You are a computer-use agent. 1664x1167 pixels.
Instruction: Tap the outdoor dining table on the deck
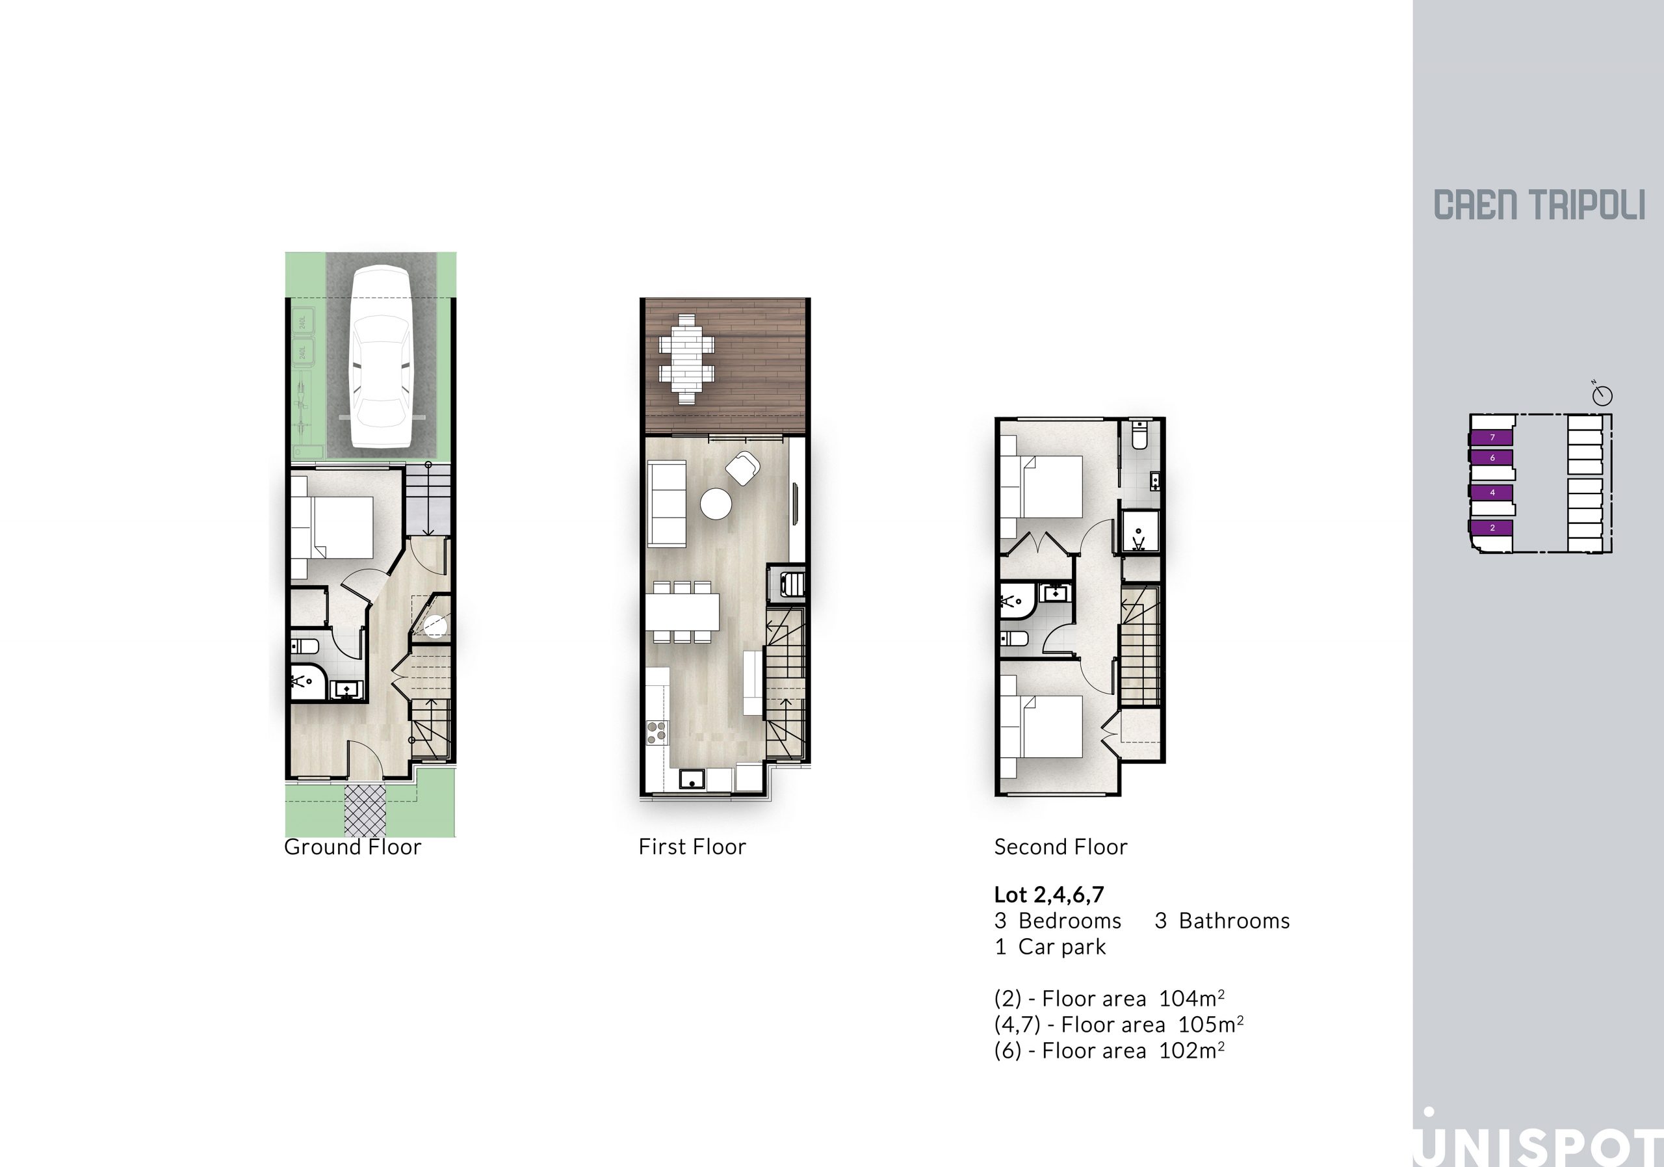pyautogui.click(x=686, y=359)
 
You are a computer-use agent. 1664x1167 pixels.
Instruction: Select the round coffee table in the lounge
pyautogui.click(x=716, y=504)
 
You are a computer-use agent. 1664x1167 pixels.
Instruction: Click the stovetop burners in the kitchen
pyautogui.click(x=656, y=732)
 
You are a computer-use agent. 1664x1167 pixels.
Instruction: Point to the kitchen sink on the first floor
pyautogui.click(x=692, y=780)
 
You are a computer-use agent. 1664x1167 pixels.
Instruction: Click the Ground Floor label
pyautogui.click(x=352, y=846)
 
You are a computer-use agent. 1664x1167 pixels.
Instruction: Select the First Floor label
pyautogui.click(x=692, y=846)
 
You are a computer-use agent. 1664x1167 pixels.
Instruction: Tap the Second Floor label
pyautogui.click(x=1060, y=846)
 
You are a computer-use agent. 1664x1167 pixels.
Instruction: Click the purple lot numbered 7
pyautogui.click(x=1492, y=437)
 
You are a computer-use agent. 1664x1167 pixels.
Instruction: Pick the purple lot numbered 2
pyautogui.click(x=1492, y=528)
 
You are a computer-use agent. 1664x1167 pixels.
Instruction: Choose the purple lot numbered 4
pyautogui.click(x=1492, y=493)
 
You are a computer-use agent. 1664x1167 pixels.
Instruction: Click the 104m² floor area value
pyautogui.click(x=1191, y=998)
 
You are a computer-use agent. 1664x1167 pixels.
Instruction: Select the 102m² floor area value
pyautogui.click(x=1191, y=1051)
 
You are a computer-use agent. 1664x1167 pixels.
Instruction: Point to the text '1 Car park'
pyautogui.click(x=1050, y=947)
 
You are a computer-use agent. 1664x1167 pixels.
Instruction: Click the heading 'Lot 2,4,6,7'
pyautogui.click(x=1048, y=895)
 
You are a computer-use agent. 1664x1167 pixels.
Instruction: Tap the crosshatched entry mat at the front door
pyautogui.click(x=365, y=810)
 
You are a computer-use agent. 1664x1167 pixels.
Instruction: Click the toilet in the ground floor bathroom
pyautogui.click(x=304, y=646)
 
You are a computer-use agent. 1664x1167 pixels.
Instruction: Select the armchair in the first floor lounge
pyautogui.click(x=743, y=467)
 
